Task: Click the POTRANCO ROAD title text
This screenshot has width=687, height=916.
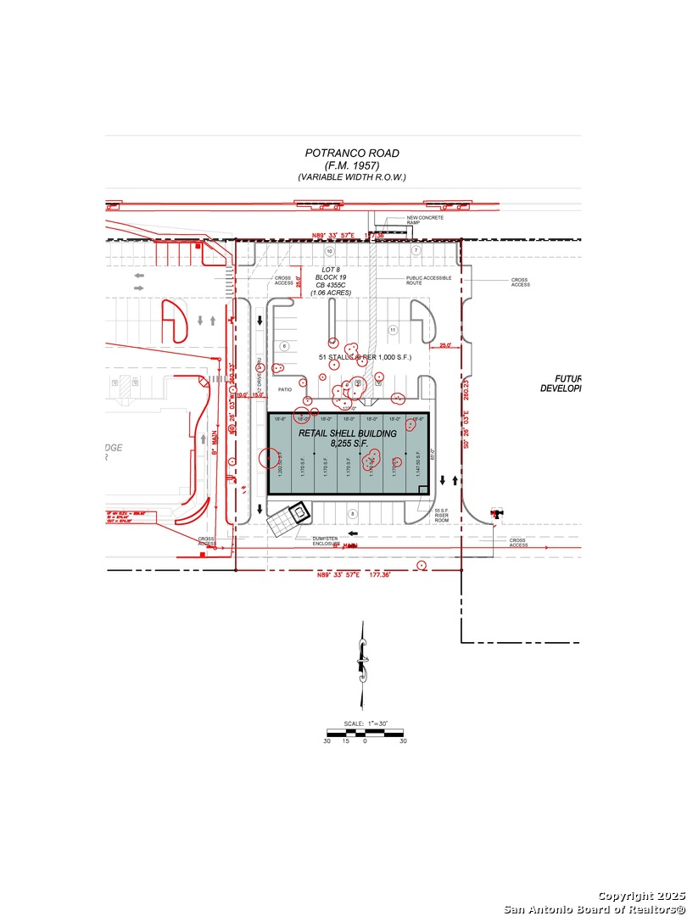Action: [x=352, y=154]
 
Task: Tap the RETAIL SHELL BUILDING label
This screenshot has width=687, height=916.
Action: [x=347, y=433]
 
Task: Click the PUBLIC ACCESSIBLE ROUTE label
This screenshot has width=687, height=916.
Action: [x=427, y=281]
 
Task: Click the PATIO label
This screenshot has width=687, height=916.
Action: [x=285, y=390]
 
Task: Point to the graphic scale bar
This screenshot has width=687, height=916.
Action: [x=365, y=732]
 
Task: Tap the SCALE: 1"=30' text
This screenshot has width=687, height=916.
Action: [x=365, y=723]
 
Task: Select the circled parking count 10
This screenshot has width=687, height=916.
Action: [x=331, y=252]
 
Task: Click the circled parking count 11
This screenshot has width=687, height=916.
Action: [x=392, y=329]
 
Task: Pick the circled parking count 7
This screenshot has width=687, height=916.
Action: [x=416, y=251]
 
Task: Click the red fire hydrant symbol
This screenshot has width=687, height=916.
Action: [x=496, y=513]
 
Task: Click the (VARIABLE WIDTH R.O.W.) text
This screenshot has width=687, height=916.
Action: [x=352, y=177]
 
